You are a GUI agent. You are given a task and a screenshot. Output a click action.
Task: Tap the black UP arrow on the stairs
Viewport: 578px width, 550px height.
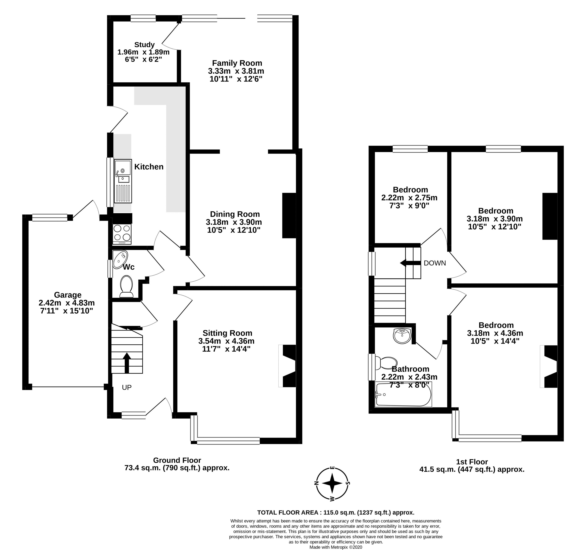127,363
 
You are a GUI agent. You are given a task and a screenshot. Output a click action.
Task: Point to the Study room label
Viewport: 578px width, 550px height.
144,45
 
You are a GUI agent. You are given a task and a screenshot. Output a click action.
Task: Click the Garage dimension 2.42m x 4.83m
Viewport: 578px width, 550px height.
67,303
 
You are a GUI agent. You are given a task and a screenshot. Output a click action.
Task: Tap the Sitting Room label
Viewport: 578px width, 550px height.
227,333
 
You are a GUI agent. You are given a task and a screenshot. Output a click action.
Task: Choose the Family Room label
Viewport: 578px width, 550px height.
237,63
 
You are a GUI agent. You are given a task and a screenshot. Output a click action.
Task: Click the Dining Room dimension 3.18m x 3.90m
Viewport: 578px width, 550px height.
234,222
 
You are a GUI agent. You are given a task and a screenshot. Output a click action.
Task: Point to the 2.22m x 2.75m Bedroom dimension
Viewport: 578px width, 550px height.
409,198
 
